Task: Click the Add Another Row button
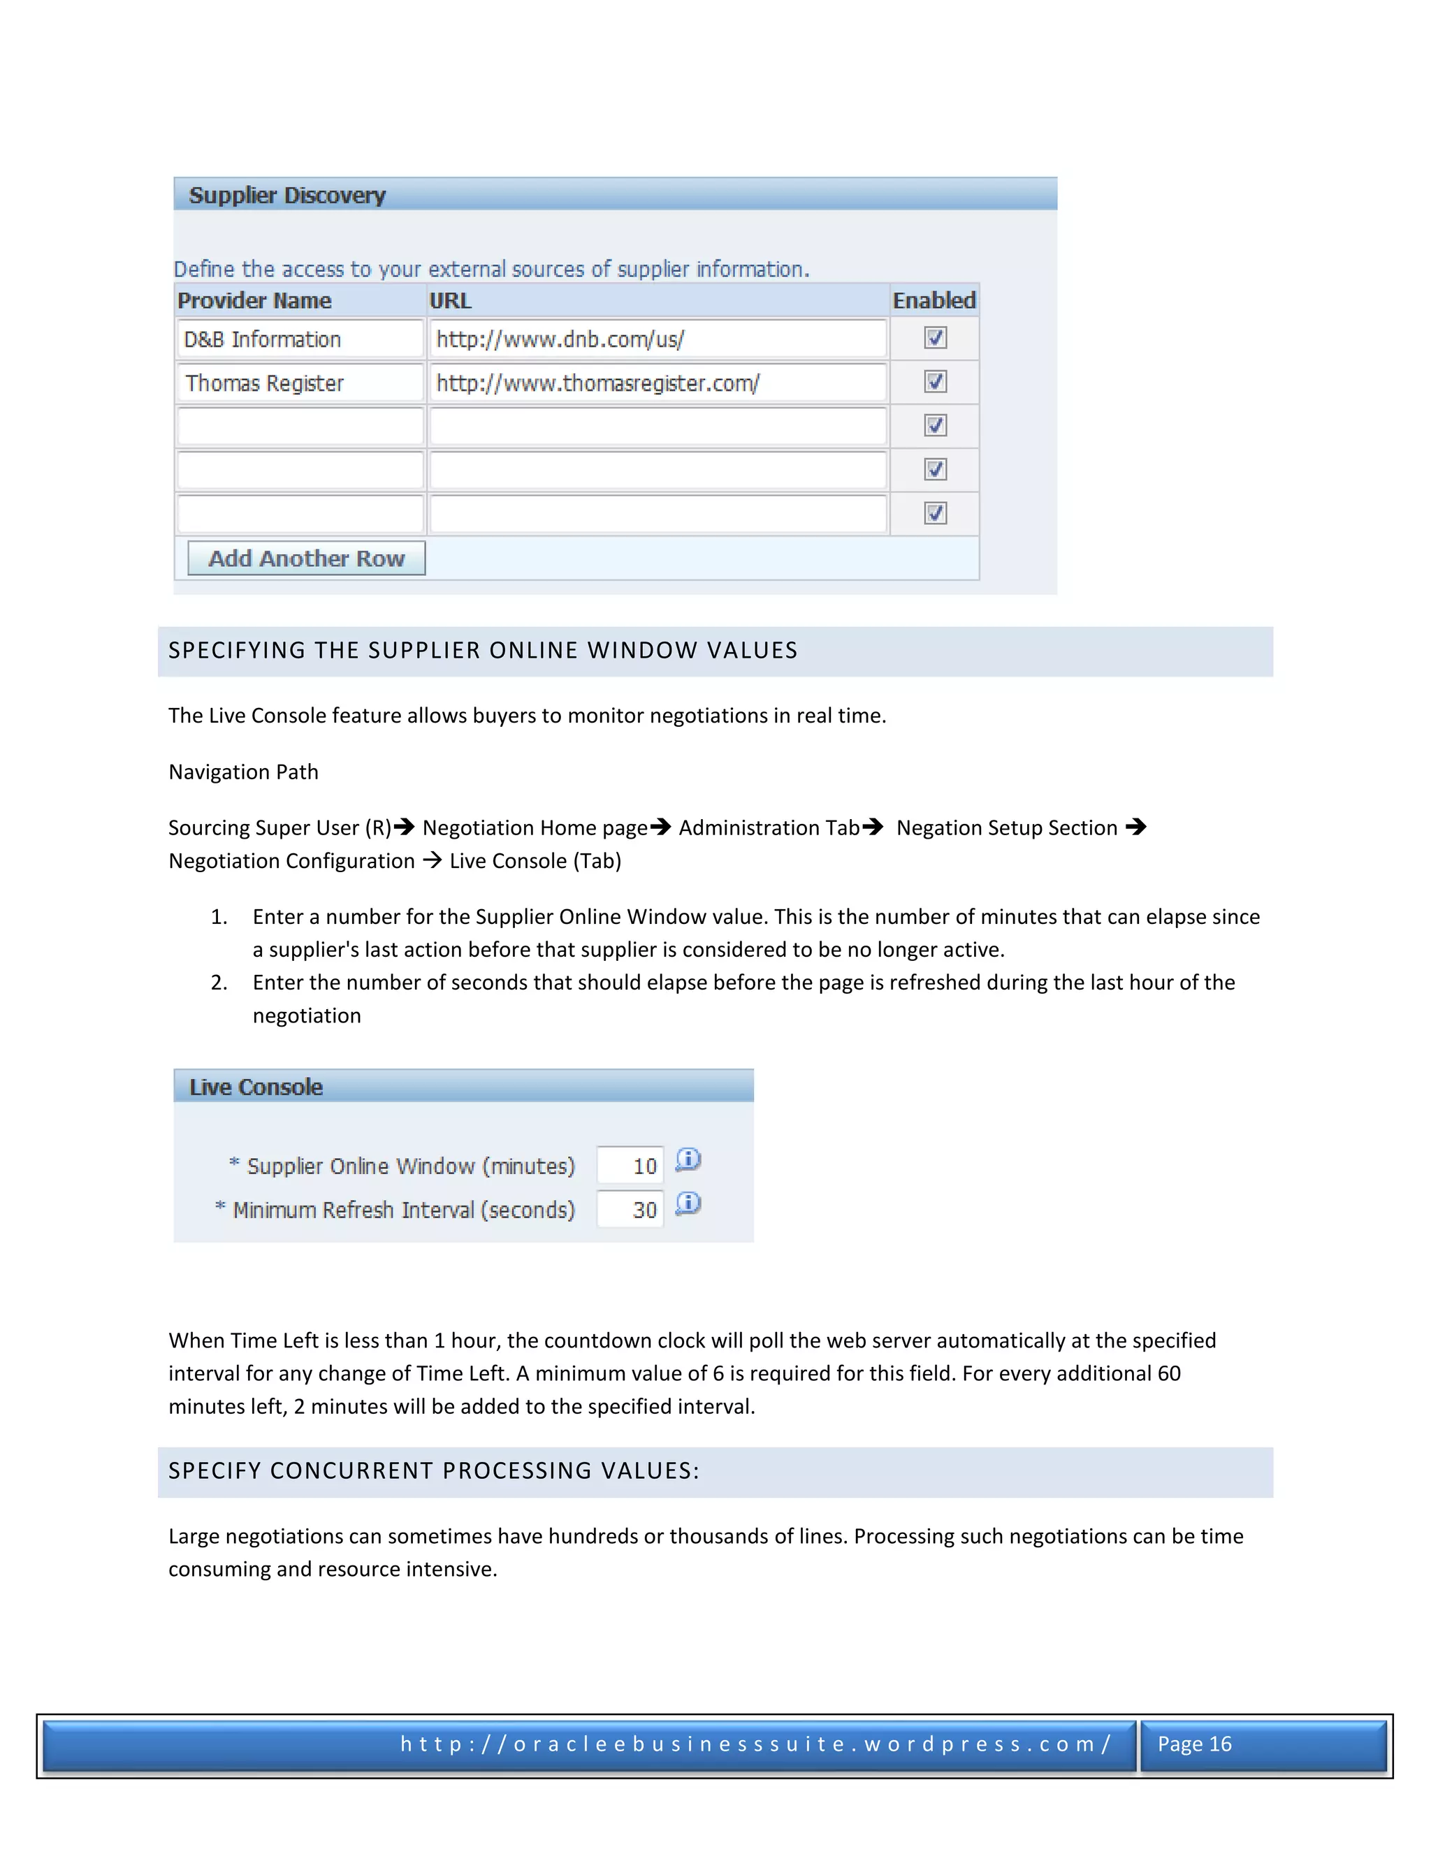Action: pos(306,558)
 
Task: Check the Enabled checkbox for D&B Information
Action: pos(935,338)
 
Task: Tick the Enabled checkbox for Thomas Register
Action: pos(935,382)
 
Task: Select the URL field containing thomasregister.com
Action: pos(657,383)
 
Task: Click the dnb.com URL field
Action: pos(657,339)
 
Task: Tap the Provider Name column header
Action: pos(254,301)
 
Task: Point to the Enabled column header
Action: pos(934,301)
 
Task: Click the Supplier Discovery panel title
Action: pos(286,196)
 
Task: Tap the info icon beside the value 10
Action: pos(688,1159)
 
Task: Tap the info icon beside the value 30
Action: pos(688,1203)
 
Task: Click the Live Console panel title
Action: pos(255,1087)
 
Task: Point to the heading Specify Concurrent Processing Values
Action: pos(433,1470)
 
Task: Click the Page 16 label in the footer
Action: pos(1193,1744)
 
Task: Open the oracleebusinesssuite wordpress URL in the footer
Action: pos(755,1744)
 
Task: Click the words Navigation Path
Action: pos(243,772)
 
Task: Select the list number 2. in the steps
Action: pos(219,982)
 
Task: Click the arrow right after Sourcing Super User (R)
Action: pos(405,826)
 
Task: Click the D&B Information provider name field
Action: pos(299,339)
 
